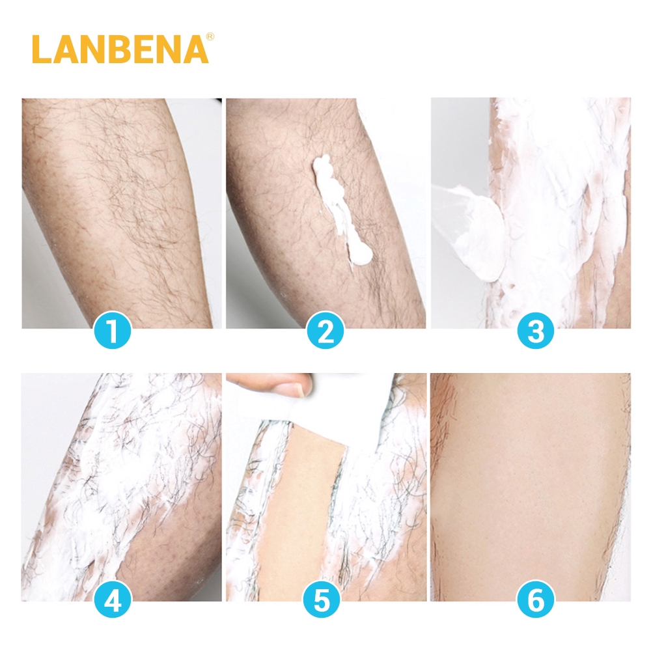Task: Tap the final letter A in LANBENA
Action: pos(196,49)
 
